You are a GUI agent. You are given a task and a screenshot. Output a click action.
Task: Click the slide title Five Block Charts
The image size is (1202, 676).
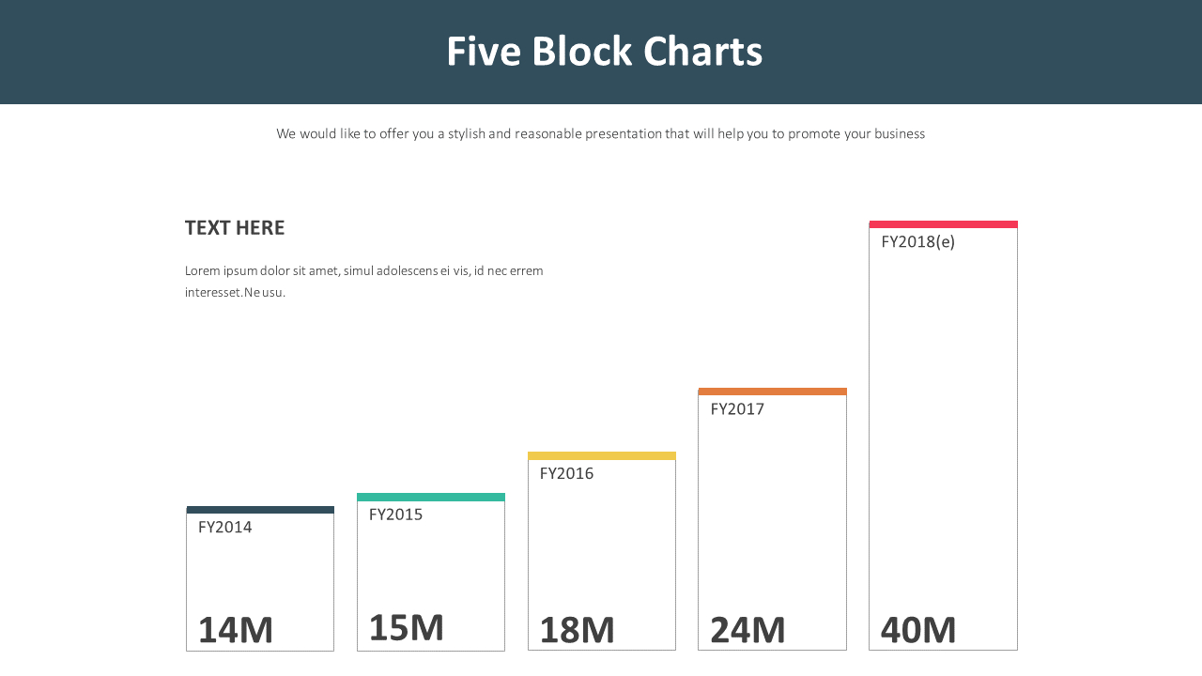(604, 52)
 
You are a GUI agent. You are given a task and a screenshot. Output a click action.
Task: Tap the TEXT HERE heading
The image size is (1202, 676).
(235, 228)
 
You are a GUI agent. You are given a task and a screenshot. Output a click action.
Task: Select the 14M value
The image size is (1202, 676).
(235, 630)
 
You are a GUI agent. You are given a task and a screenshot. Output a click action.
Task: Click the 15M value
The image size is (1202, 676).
(406, 627)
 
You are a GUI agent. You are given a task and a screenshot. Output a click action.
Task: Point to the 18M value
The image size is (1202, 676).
(577, 630)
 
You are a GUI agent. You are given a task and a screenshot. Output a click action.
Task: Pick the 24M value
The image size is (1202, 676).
(747, 630)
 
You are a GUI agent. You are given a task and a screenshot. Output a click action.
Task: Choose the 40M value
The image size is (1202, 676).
(918, 630)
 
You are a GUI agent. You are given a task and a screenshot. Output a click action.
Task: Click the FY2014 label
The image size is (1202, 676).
(225, 528)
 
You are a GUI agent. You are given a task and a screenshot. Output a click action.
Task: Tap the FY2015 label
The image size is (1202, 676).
(395, 515)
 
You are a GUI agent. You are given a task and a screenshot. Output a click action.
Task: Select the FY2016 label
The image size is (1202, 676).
(566, 473)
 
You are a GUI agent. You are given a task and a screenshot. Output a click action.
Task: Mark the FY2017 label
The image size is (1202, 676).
(737, 409)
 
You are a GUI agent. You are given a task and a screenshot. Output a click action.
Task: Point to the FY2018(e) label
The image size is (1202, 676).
(917, 242)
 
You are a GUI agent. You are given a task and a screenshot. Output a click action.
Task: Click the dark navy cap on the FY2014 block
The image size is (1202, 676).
(260, 510)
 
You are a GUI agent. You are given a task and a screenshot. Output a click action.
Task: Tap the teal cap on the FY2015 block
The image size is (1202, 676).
(431, 497)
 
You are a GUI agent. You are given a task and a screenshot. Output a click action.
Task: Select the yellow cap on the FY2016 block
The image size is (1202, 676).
(602, 456)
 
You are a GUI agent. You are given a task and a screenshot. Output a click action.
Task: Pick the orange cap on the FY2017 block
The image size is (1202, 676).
(772, 392)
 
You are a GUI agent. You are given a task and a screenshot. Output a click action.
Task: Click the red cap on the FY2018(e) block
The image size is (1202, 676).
(943, 224)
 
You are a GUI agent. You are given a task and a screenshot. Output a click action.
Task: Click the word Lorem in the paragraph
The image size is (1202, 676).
(202, 271)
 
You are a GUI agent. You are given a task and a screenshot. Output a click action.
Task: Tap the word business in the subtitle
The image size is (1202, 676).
(900, 134)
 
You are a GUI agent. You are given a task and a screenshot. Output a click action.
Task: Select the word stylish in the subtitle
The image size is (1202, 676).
(466, 134)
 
